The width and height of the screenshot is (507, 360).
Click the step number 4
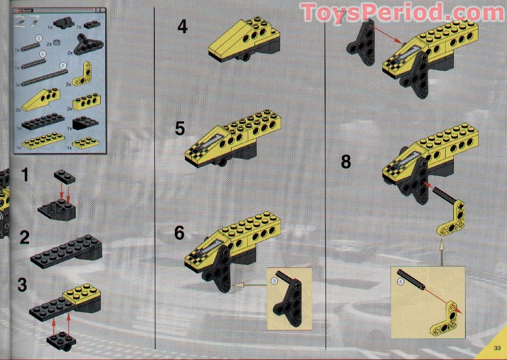point(182,26)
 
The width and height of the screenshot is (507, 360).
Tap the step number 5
point(179,128)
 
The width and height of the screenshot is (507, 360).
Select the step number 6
point(179,233)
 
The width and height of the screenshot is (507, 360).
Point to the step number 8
point(346,162)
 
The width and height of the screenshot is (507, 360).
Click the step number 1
point(24,175)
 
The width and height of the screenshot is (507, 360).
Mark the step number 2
point(24,237)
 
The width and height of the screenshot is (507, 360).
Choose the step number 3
point(22,285)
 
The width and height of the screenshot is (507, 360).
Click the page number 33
point(496,349)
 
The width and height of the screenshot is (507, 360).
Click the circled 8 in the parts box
point(62,66)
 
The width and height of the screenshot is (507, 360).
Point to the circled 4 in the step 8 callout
point(401,280)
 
